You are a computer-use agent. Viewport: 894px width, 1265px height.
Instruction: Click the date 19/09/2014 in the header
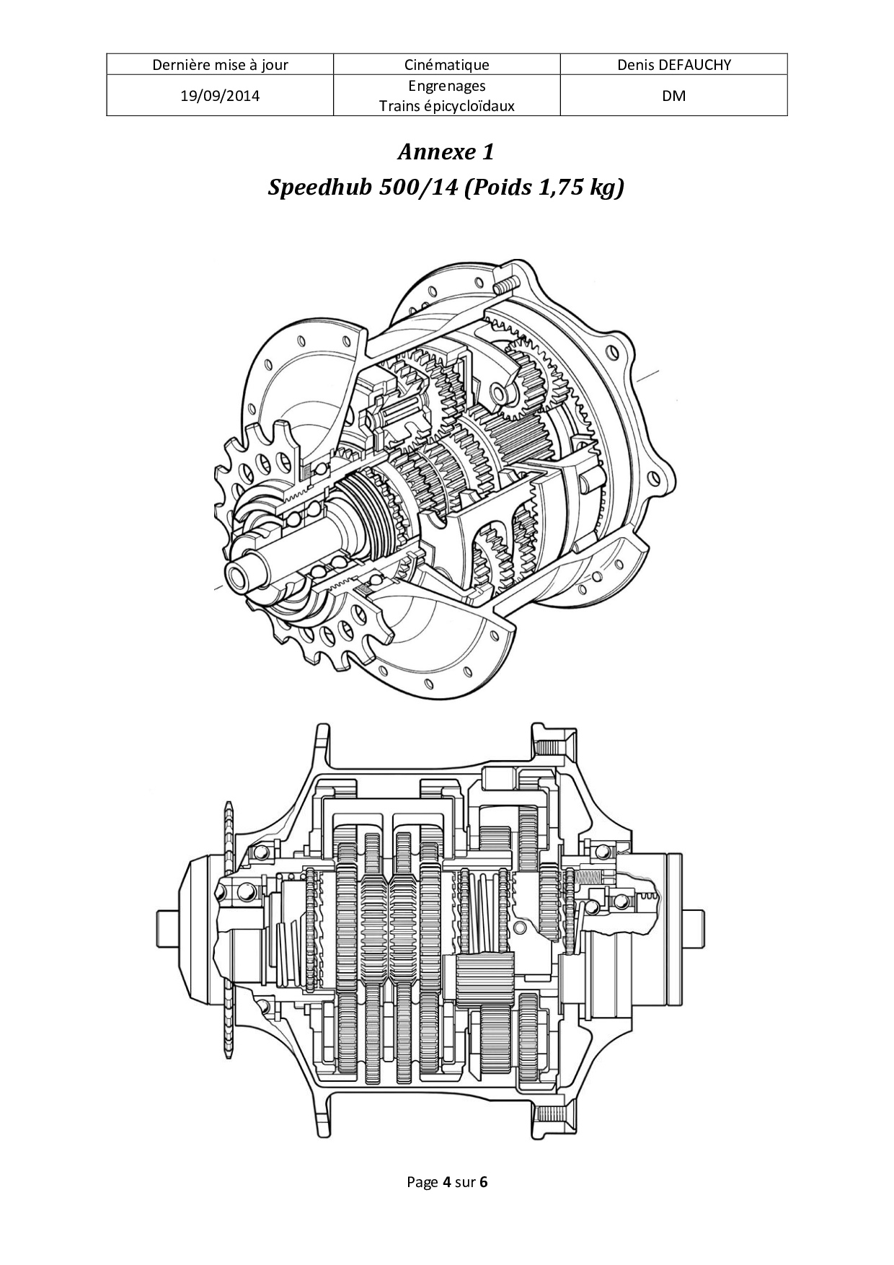click(220, 95)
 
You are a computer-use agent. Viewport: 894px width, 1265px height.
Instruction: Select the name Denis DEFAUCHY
click(674, 65)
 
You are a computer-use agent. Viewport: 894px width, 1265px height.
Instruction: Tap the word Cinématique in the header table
click(447, 65)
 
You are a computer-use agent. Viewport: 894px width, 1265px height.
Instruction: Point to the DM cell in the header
click(674, 95)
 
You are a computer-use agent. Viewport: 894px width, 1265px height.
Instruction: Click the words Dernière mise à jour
click(220, 65)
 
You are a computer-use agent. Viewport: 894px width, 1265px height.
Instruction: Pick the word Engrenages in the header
click(447, 86)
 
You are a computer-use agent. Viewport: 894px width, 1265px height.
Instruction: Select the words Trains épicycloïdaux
click(447, 106)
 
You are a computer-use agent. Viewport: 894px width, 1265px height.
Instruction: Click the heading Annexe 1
click(446, 152)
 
